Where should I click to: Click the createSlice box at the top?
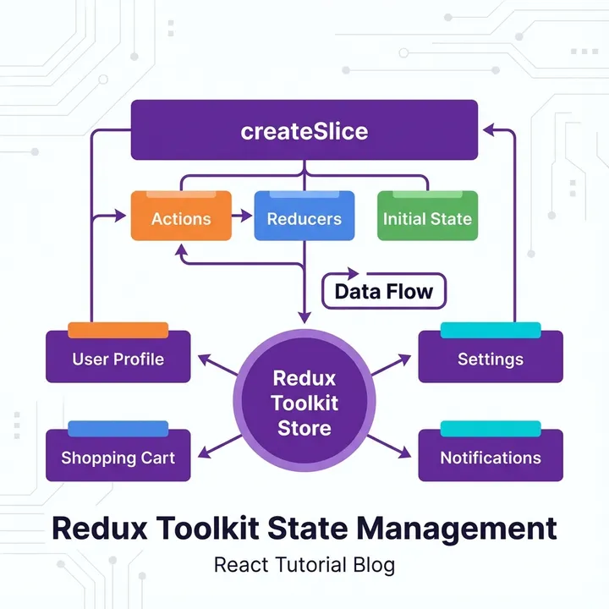click(304, 130)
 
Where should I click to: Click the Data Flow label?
click(383, 292)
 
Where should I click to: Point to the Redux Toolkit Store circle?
click(304, 402)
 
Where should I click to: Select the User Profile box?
click(118, 358)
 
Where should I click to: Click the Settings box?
click(491, 358)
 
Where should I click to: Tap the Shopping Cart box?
click(118, 458)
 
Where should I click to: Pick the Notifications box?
click(491, 458)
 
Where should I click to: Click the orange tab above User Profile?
click(118, 330)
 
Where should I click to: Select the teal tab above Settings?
click(491, 330)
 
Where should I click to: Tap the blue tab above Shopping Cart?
click(118, 429)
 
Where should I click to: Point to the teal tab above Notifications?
click(491, 429)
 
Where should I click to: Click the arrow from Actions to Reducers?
click(243, 217)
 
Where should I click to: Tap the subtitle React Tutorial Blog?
click(304, 563)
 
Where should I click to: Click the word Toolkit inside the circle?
click(304, 403)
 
